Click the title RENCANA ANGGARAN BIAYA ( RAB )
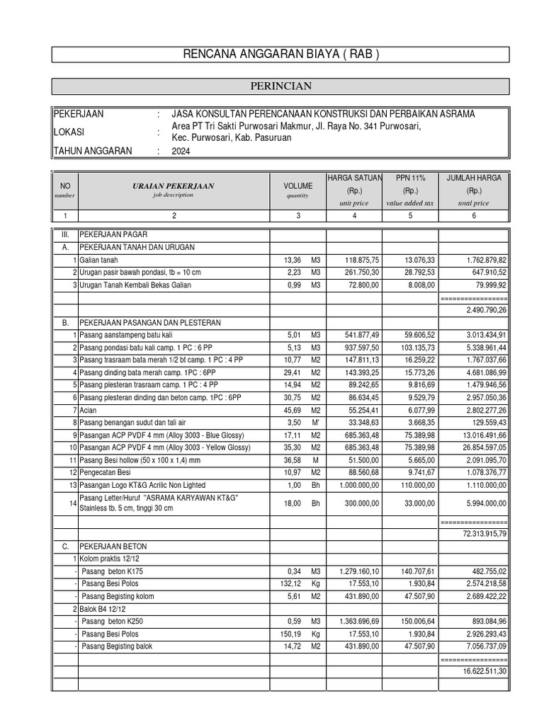tap(281, 55)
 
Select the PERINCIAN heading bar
tap(281, 86)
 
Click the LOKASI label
tap(69, 132)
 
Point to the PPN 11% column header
tap(410, 178)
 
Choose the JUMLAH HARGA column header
tap(474, 178)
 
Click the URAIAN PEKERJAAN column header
tap(174, 186)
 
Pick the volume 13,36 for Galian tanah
tap(293, 260)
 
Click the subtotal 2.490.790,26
tap(481, 310)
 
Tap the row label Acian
tap(89, 410)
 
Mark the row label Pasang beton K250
tap(111, 621)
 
